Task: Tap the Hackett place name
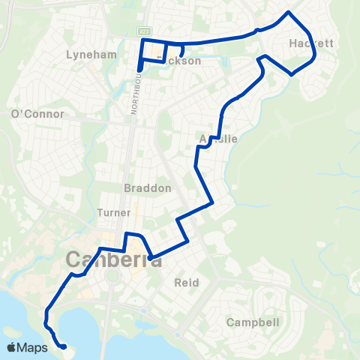(x=310, y=44)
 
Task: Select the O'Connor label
(x=37, y=114)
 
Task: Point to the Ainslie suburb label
(x=219, y=139)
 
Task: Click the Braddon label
(x=148, y=187)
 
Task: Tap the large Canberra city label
(x=114, y=259)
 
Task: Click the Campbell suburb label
(x=253, y=322)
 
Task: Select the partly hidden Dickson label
(x=183, y=61)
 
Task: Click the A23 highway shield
(x=143, y=31)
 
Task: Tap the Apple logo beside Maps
(x=12, y=347)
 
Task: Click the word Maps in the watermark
(x=33, y=347)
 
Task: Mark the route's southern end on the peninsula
(x=64, y=346)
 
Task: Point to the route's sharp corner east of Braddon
(x=214, y=202)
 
